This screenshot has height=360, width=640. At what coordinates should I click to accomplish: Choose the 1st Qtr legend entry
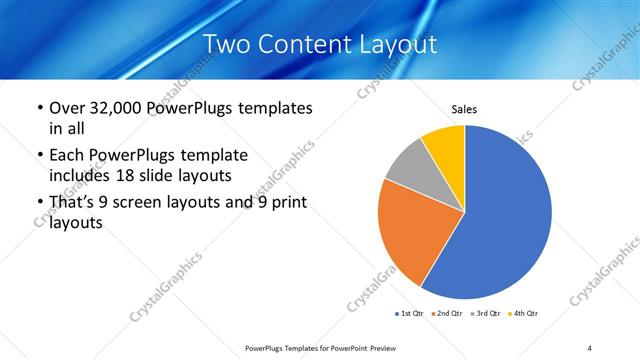409,314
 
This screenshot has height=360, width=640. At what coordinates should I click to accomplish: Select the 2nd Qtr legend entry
447,314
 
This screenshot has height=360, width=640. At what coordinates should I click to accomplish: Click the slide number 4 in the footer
590,347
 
